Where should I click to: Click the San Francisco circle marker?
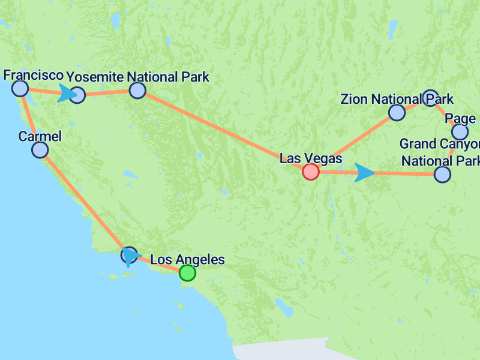point(20,89)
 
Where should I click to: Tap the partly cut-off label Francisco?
point(33,75)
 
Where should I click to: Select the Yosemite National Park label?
point(137,77)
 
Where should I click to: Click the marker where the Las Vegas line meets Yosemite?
point(137,91)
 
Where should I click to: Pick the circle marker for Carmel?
point(40,149)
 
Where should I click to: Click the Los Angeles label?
point(187,260)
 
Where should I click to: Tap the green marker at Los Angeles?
point(188,273)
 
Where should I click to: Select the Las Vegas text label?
point(311,158)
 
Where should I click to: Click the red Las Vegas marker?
point(310,172)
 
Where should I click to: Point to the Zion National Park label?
point(397,98)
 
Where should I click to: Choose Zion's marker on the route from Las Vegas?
point(397,112)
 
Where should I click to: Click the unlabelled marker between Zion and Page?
point(430,97)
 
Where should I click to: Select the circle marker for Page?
point(460,131)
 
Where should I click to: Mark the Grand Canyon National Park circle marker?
point(442,174)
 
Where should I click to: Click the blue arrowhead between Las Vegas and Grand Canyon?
point(364,173)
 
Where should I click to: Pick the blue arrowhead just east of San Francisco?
point(67,94)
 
